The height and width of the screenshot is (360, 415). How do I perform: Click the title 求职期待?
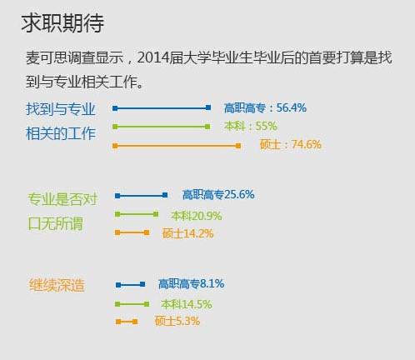62,23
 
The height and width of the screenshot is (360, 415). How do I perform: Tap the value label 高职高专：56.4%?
265,107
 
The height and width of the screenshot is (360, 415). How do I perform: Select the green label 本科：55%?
251,126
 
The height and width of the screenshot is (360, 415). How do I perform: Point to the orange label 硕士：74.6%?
291,144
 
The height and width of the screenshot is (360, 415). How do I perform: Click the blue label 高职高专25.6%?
218,194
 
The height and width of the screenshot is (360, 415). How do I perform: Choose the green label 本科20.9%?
197,216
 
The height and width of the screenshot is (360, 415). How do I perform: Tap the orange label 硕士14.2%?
187,233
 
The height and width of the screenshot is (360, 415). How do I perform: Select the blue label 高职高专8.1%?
191,283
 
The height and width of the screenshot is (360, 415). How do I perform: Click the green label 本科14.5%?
187,304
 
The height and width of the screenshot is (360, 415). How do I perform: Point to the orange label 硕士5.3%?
177,321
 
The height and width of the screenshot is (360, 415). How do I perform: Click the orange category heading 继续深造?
57,285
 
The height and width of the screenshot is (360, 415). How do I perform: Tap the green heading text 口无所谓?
55,223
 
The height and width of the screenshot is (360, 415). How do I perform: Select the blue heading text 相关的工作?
61,133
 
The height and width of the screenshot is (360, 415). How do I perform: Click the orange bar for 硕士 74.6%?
177,146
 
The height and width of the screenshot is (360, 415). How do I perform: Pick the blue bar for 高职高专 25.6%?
141,196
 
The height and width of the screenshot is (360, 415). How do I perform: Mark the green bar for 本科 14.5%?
132,304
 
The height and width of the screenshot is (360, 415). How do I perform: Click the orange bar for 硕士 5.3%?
127,322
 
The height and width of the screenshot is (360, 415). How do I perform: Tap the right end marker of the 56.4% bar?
208,107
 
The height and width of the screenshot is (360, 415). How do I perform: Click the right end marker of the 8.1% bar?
142,284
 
